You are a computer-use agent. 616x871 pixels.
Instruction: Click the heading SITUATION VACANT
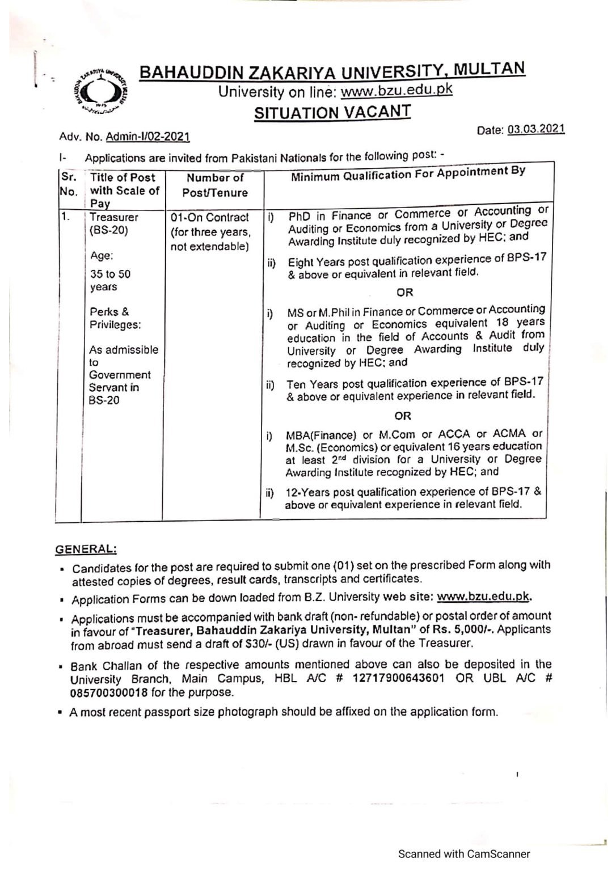(332, 112)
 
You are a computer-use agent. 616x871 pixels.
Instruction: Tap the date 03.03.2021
(536, 129)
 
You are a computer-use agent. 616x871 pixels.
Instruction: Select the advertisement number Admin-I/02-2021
(151, 137)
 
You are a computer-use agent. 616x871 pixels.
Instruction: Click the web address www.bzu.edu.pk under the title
(396, 90)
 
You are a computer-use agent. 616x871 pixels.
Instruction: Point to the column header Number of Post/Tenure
(215, 185)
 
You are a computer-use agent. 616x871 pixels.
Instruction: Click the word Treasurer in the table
(114, 217)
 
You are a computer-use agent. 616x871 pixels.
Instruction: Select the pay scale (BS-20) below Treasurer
(109, 231)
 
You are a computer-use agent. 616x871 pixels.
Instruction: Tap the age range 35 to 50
(110, 274)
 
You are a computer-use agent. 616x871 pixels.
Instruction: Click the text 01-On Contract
(210, 218)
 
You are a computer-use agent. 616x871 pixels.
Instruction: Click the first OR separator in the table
(405, 293)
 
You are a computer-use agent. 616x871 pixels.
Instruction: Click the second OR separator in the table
(403, 416)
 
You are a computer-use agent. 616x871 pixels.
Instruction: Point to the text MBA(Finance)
(321, 435)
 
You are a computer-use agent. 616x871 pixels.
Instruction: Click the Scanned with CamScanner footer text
(463, 854)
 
